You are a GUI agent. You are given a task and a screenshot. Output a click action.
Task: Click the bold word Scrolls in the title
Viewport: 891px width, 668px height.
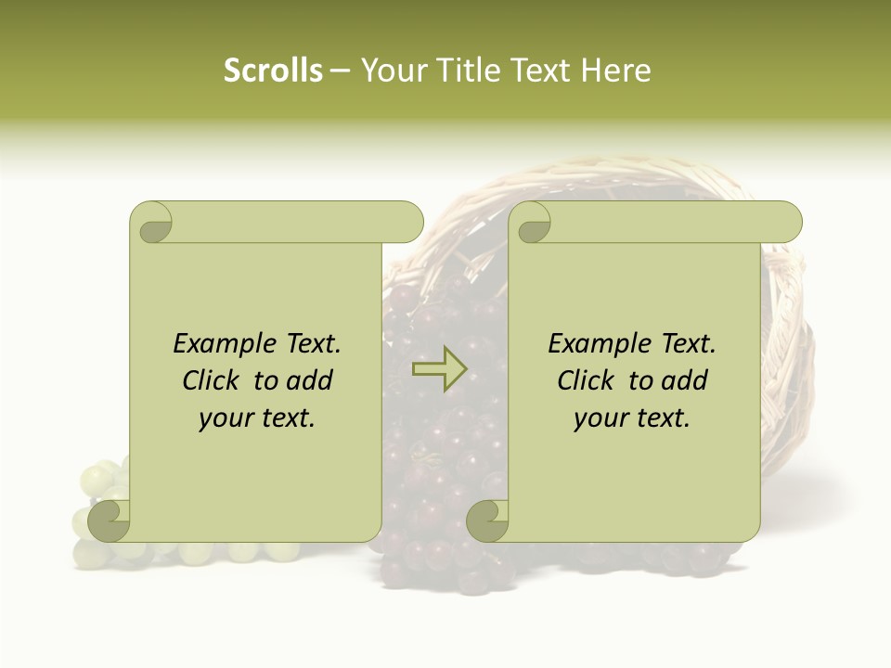coord(273,71)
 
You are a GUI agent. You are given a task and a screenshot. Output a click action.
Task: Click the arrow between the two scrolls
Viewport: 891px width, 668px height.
coord(439,369)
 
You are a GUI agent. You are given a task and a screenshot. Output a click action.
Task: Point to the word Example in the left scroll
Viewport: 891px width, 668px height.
coord(218,344)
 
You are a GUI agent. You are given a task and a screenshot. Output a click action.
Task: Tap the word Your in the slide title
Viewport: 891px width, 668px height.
coord(389,71)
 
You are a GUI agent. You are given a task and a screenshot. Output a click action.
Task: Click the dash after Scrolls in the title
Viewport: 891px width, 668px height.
coord(341,71)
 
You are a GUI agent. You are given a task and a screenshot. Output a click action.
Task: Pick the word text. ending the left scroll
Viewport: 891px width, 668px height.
coord(286,418)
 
